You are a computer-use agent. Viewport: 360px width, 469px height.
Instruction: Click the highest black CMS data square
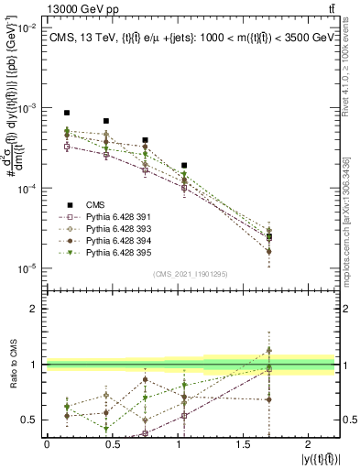[67, 113]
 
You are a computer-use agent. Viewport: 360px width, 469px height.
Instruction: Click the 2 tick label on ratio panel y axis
[33, 310]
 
